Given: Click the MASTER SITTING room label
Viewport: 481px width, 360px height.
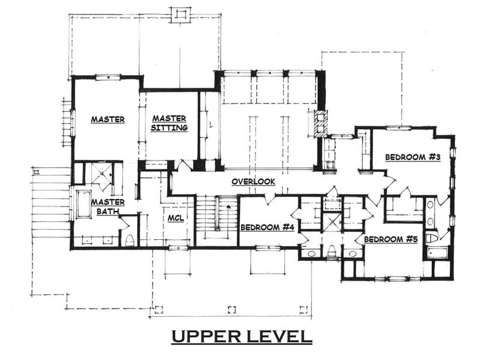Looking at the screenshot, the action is coord(169,123).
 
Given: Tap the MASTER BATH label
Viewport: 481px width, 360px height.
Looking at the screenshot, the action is coord(108,207).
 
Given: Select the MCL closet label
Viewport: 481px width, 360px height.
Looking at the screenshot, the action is coord(176,218).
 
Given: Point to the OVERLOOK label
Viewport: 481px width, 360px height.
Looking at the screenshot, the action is coord(253,182).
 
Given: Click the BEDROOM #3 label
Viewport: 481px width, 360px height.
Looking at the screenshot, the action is coord(413,157).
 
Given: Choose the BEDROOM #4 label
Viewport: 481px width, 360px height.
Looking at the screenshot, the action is coord(267,227).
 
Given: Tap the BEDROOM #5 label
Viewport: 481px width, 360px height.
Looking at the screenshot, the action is coord(391,239).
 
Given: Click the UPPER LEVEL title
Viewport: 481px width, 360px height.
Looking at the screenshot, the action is coord(242,337).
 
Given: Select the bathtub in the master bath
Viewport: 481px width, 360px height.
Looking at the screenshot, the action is coord(83,204).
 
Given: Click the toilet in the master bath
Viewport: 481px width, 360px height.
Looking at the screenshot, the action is coord(130,240).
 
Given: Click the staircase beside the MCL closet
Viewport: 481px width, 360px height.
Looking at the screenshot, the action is coord(216,217).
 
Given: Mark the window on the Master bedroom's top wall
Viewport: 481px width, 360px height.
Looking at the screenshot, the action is coord(108,77).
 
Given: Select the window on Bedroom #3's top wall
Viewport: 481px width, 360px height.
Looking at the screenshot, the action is coord(398,128).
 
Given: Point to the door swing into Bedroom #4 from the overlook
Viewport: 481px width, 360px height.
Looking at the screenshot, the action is coord(270,200).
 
